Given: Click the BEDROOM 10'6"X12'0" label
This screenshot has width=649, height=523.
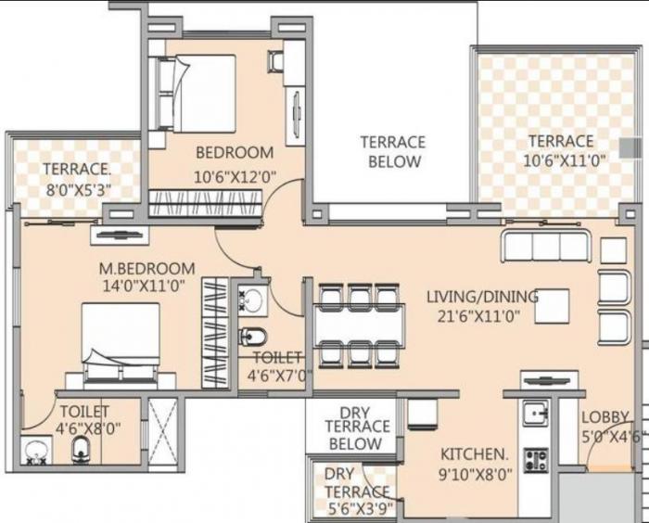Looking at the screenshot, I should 234,163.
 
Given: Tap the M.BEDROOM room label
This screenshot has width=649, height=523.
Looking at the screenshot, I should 147,277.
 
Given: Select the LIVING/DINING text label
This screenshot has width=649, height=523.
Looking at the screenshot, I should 481,305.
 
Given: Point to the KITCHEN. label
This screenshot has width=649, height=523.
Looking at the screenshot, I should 475,464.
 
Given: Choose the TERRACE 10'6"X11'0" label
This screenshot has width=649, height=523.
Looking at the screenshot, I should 561,150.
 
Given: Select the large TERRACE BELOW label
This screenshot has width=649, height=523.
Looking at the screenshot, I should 393,152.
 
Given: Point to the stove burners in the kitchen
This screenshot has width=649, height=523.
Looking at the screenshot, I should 535,459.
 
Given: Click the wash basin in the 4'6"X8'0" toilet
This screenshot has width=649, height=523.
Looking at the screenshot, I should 36,451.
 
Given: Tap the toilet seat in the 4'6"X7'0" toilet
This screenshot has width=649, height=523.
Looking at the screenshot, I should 251,336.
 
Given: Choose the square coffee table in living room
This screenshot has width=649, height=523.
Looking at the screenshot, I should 552,305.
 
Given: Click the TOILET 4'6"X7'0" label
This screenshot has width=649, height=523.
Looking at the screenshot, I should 275,366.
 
